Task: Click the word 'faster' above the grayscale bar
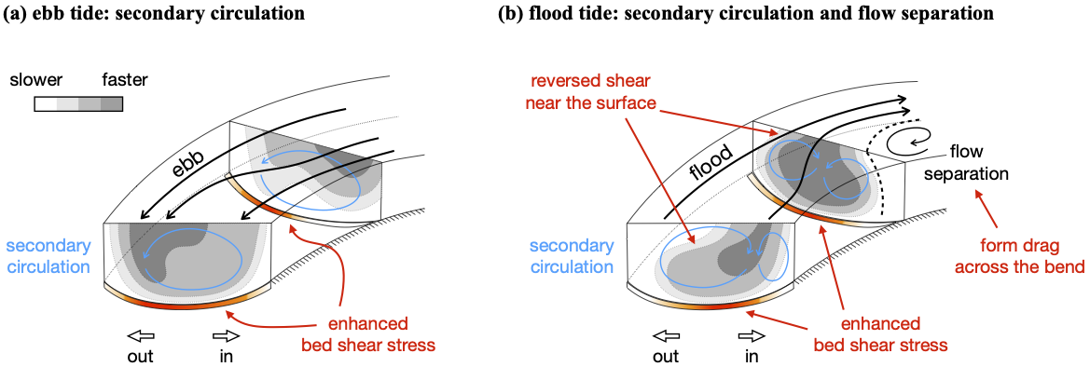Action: (124, 80)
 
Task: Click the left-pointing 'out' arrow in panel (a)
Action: (141, 335)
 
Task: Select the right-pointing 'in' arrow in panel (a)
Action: (226, 335)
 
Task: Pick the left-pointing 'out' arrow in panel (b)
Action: (664, 335)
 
